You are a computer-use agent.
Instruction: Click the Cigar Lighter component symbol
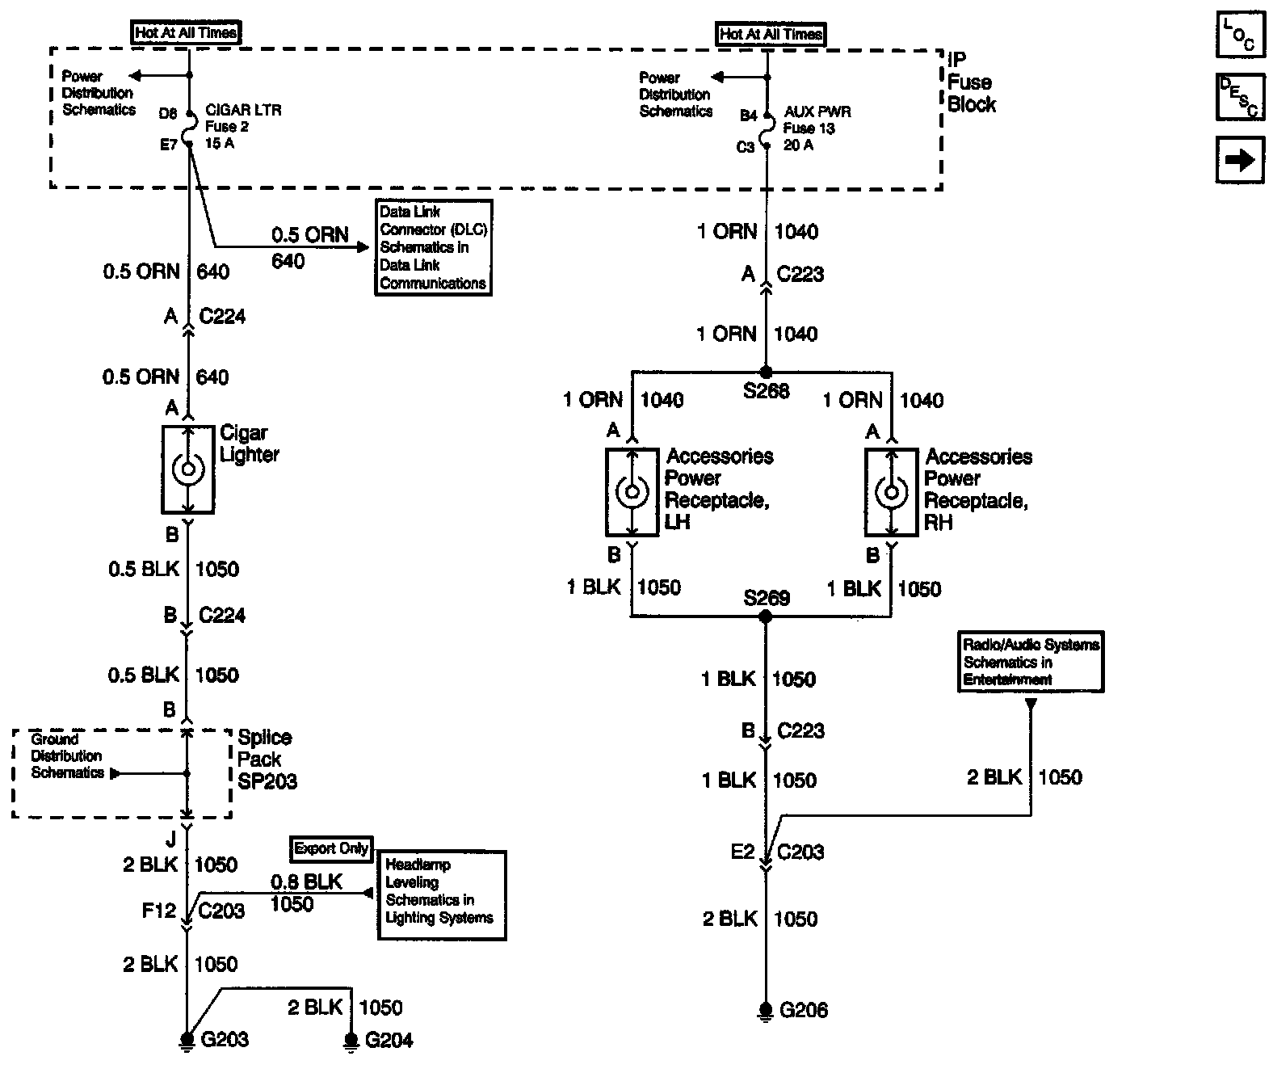coord(187,469)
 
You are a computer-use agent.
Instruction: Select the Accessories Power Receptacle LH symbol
coord(632,491)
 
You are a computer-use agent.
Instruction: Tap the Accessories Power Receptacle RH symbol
coord(891,491)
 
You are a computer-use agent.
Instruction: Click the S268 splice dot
coord(766,372)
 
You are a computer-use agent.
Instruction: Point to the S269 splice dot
coord(766,616)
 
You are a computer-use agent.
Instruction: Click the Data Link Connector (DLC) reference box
coord(433,247)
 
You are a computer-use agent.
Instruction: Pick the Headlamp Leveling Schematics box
coord(441,894)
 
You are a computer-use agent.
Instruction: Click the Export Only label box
coord(331,848)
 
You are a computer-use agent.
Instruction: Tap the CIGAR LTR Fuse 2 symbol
coord(189,127)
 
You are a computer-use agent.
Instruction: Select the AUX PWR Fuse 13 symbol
coord(767,130)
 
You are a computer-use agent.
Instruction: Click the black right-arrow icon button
coord(1240,160)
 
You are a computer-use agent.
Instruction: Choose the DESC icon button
coord(1240,97)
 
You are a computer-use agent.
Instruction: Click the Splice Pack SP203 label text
coord(267,760)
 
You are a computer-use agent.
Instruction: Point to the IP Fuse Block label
coord(971,82)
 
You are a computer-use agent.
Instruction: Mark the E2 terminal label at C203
coord(742,852)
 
